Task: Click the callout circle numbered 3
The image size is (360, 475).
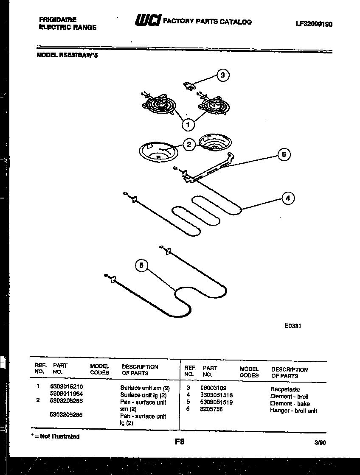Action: [x=222, y=75]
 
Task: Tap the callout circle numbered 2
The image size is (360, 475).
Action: [x=190, y=145]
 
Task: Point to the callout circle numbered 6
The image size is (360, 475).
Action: [x=284, y=155]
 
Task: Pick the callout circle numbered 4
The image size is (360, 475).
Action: [x=288, y=198]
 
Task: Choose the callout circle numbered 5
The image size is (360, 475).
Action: [x=142, y=266]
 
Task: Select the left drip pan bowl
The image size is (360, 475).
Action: [x=157, y=151]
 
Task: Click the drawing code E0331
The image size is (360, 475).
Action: [x=292, y=327]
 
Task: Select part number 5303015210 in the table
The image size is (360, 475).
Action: [x=67, y=387]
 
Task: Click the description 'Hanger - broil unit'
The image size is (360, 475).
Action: [x=293, y=411]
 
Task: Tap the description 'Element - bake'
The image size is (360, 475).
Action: [x=290, y=403]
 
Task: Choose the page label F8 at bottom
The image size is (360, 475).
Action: [x=180, y=441]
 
